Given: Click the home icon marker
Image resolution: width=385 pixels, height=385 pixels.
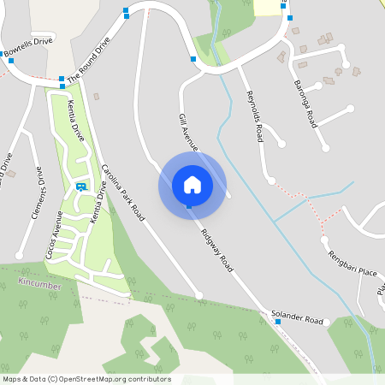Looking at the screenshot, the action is (x=192, y=184).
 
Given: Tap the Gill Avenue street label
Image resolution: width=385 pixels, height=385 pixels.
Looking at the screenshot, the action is (x=189, y=132).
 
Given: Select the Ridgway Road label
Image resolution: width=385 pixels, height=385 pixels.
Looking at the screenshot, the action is (x=217, y=251).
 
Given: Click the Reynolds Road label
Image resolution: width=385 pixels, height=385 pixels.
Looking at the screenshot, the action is (x=254, y=115).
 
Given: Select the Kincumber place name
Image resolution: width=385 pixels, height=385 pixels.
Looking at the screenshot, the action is (x=40, y=281).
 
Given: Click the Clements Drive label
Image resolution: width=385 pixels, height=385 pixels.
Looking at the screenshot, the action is (x=37, y=193).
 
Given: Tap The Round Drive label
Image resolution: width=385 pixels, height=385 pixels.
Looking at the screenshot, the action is (x=89, y=59).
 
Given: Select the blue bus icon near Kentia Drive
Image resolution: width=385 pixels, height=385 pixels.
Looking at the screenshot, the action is (x=80, y=186).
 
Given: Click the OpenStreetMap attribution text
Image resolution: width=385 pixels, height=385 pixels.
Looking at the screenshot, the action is (x=86, y=379).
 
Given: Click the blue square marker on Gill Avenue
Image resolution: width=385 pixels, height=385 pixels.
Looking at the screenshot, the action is (x=193, y=59).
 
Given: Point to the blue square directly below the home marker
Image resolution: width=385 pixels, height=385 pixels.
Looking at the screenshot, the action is (x=189, y=206).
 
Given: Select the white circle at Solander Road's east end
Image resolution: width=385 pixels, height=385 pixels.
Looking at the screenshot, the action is (x=329, y=322).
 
